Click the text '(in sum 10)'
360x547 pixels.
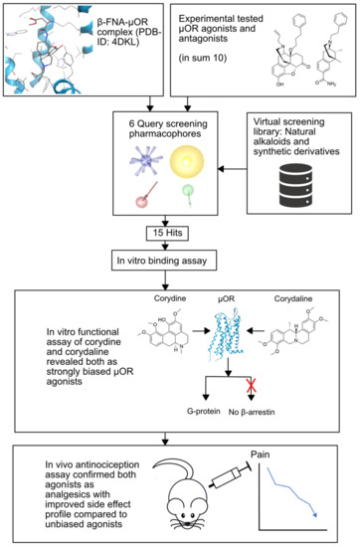216,57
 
